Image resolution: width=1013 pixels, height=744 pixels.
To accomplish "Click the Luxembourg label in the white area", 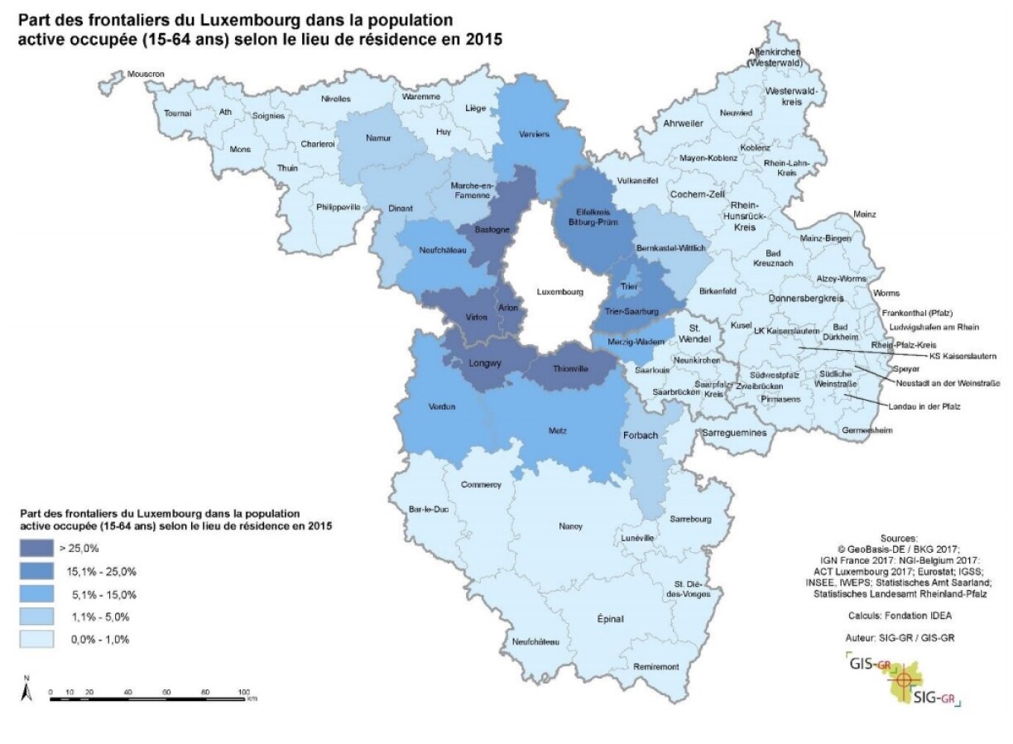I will coord(560,291).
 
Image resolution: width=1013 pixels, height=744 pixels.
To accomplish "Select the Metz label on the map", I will coord(558,430).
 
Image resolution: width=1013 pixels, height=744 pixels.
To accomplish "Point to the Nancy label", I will coord(571,526).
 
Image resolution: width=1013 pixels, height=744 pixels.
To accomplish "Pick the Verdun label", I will coord(443,406).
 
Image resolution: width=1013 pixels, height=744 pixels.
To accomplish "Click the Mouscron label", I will coord(147,74).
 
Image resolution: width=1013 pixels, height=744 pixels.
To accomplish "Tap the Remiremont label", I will coord(655,666).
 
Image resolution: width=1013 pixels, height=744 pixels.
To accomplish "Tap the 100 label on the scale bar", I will coord(243,691).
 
